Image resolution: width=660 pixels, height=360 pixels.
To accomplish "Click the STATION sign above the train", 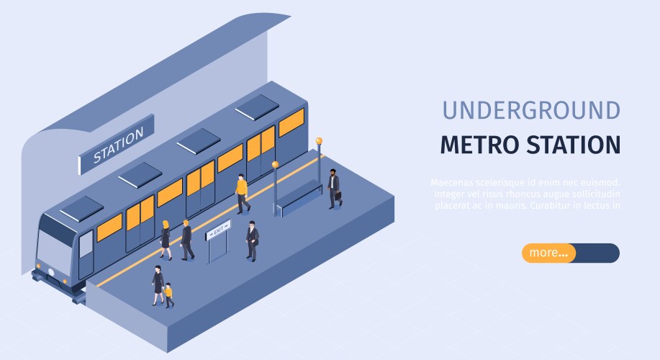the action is (117, 144).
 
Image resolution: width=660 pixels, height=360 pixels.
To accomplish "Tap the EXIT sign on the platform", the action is (218, 230).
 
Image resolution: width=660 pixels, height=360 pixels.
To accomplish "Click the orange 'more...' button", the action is (549, 253).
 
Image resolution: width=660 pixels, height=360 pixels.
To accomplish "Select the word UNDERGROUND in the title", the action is (530, 110).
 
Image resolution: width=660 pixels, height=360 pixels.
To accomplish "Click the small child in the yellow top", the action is (169, 294).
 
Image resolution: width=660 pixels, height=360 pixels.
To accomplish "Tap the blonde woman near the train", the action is (166, 240).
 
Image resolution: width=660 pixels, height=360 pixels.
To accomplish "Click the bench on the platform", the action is (299, 197).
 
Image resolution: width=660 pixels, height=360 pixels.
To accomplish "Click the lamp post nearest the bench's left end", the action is (275, 187).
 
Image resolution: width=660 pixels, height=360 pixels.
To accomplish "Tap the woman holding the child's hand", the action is (158, 284).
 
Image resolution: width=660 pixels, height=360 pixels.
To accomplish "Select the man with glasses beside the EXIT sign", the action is (252, 240).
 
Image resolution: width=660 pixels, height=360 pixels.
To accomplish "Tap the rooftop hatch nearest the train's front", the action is (81, 208).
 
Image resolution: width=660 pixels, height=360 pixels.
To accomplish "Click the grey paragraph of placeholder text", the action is (526, 194).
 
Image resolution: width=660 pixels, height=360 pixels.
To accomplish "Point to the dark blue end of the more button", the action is (599, 253).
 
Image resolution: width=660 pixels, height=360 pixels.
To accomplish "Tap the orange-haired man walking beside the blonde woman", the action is (186, 240).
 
